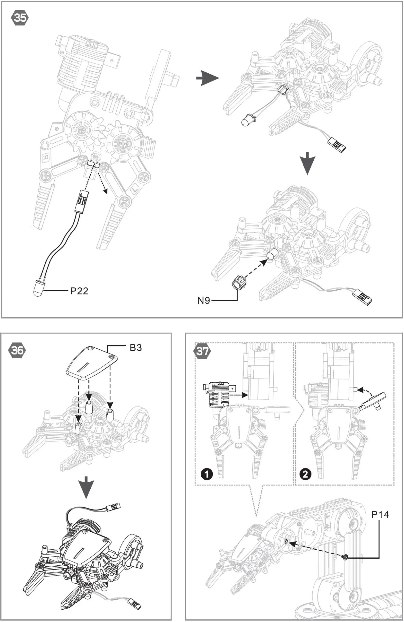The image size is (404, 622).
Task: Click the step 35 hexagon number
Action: pyautogui.click(x=20, y=18)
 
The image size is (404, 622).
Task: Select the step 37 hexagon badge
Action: pyautogui.click(x=202, y=351)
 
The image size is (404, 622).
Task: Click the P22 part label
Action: pyautogui.click(x=79, y=291)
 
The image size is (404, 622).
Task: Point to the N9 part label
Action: pyautogui.click(x=204, y=301)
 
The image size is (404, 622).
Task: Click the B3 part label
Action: pyautogui.click(x=136, y=348)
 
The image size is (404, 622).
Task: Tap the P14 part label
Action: pyautogui.click(x=380, y=515)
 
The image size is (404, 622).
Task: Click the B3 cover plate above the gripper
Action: pyautogui.click(x=91, y=362)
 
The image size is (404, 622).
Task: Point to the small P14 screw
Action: pyautogui.click(x=346, y=557)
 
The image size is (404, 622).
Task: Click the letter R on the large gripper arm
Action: pyautogui.click(x=46, y=158)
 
